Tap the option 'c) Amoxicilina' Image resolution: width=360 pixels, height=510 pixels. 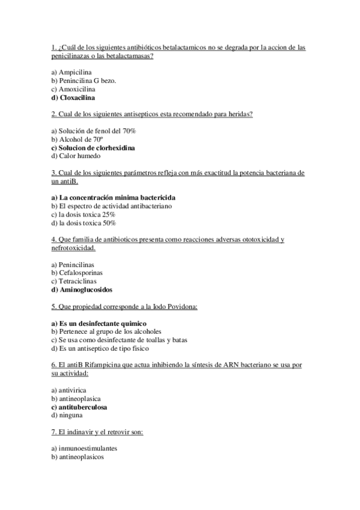click(73, 88)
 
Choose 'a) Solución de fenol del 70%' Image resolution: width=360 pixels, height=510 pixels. click(94, 131)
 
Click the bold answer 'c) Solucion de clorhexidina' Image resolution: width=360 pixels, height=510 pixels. click(93, 147)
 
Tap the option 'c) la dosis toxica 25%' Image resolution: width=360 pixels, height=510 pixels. click(84, 214)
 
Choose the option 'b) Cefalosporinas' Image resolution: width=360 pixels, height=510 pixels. click(77, 272)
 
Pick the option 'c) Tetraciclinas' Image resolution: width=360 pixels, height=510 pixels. click(74, 281)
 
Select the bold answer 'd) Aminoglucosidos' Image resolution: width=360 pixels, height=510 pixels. click(82, 289)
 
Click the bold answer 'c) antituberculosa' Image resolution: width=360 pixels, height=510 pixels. click(79, 407)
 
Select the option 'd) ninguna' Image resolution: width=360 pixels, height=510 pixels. click(67, 415)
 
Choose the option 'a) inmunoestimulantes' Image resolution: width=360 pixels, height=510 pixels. click(84, 449)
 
